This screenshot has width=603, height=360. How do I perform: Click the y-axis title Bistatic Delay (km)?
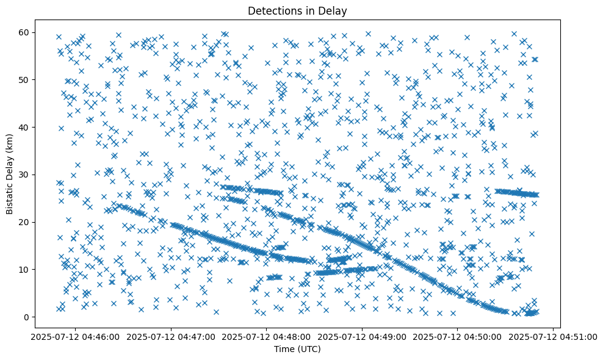[x=10, y=167]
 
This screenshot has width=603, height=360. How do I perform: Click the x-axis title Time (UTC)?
[x=297, y=350]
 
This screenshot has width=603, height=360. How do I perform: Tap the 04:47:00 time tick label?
[x=170, y=336]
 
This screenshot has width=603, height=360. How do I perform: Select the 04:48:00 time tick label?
[x=266, y=336]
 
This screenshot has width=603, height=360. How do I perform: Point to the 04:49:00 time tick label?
[x=362, y=336]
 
